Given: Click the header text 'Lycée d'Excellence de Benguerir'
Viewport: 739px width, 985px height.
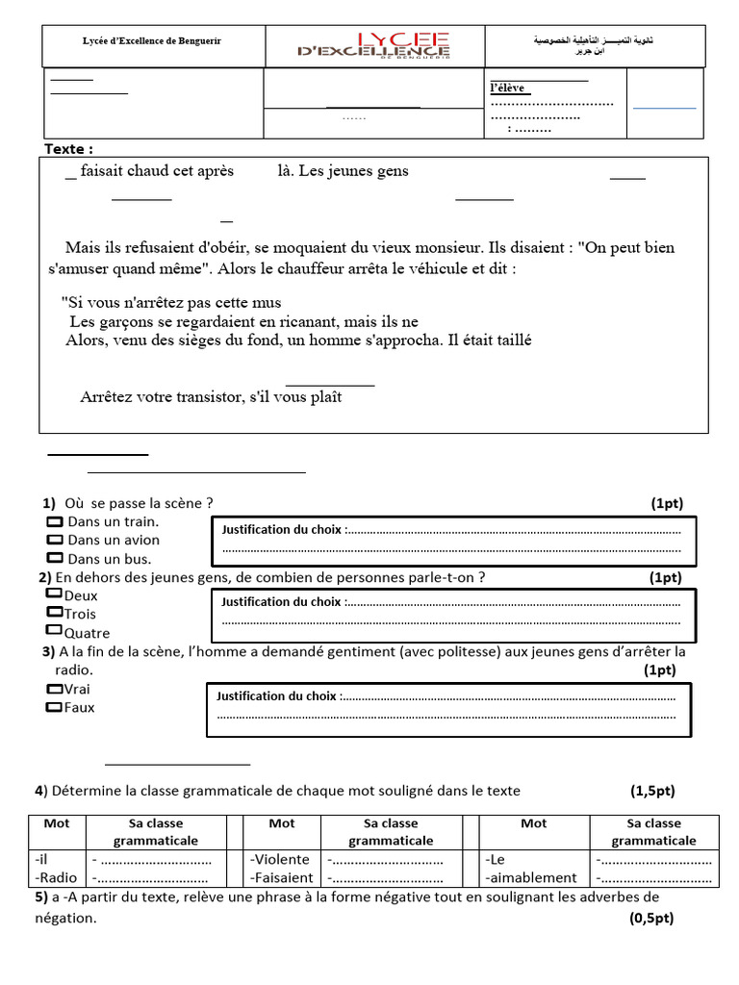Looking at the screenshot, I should pyautogui.click(x=151, y=40).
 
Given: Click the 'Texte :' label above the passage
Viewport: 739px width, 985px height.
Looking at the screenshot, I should pyautogui.click(x=69, y=149).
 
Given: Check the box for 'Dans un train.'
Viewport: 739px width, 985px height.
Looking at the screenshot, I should pyautogui.click(x=55, y=521).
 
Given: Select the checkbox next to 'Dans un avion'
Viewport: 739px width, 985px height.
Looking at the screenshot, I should pyautogui.click(x=55, y=540).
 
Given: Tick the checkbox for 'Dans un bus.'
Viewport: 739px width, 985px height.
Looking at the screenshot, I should pyautogui.click(x=55, y=558).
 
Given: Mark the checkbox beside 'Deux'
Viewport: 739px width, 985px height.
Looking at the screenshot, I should pyautogui.click(x=54, y=594).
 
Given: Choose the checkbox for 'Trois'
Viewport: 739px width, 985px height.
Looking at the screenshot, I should pyautogui.click(x=54, y=612).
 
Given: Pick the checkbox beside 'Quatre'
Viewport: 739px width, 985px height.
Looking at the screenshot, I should pyautogui.click(x=54, y=630).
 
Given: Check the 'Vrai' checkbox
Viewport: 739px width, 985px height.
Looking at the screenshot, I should pyautogui.click(x=54, y=689).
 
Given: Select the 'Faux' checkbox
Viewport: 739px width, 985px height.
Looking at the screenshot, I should pyautogui.click(x=54, y=707).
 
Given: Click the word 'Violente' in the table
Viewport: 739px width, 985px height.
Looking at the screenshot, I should pyautogui.click(x=280, y=859).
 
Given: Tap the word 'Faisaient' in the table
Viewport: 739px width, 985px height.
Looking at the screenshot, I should pyautogui.click(x=282, y=877).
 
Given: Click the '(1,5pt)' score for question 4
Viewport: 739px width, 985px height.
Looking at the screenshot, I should pyautogui.click(x=652, y=791).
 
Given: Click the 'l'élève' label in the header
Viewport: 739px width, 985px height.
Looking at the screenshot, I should pyautogui.click(x=507, y=88).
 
